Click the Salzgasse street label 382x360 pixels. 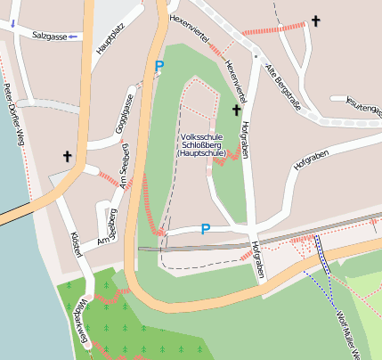pos(47,36)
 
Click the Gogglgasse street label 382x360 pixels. pos(125,114)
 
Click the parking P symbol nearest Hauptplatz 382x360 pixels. pos(159,66)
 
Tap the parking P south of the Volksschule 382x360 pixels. pos(205,230)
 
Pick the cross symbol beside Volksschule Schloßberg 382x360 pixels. pos(237,110)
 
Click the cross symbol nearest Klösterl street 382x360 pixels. pos(67,157)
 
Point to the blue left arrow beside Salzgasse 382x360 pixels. pos(73,37)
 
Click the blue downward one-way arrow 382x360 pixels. pos(12,24)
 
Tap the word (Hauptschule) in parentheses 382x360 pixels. pos(203,155)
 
